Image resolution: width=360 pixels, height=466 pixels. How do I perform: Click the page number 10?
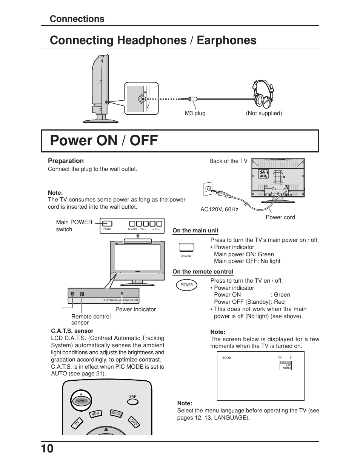[48, 449]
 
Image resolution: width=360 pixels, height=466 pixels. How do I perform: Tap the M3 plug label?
[195, 113]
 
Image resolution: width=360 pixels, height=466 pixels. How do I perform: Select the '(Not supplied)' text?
[264, 113]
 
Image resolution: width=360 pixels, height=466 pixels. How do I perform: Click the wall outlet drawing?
[207, 189]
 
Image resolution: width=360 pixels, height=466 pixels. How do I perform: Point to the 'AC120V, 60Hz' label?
[219, 209]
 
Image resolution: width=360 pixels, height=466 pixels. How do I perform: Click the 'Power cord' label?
[280, 217]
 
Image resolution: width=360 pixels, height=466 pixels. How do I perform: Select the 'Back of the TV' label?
[228, 161]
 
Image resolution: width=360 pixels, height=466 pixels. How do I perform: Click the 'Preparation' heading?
[66, 161]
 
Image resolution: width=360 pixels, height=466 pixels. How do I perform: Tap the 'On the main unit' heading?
[195, 231]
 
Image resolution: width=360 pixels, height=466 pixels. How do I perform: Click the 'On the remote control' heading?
[203, 272]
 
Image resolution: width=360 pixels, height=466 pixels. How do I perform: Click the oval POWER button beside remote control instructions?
[186, 285]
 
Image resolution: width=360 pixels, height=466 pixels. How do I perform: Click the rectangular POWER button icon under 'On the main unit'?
[186, 248]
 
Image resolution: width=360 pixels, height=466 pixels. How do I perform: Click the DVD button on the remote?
[134, 423]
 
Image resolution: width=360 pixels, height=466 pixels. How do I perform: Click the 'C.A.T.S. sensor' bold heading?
[72, 331]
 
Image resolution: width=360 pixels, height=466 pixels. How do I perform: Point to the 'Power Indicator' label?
[135, 309]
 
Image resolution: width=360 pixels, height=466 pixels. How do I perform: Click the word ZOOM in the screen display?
[227, 358]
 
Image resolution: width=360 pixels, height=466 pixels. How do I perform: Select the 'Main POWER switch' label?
[74, 226]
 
